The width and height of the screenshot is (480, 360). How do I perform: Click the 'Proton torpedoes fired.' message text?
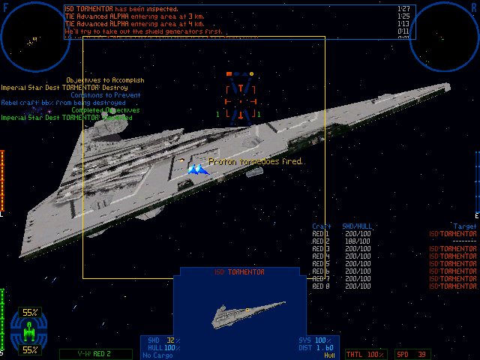pos(255,161)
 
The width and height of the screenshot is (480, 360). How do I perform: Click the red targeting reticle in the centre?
pos(241,97)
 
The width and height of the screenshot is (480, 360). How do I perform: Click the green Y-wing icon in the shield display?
pos(29,331)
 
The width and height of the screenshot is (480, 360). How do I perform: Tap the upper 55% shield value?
pos(30,312)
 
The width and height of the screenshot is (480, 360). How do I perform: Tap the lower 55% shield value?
pos(30,349)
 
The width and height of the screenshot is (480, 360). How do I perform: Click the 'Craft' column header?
pos(320,226)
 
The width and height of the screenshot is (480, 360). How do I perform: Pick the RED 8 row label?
pos(320,286)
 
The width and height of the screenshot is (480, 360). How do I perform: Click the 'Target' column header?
pos(465,226)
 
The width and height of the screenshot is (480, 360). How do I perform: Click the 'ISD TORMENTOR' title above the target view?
pos(231,272)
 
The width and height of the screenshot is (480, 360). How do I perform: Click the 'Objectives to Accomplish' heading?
pos(105,80)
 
